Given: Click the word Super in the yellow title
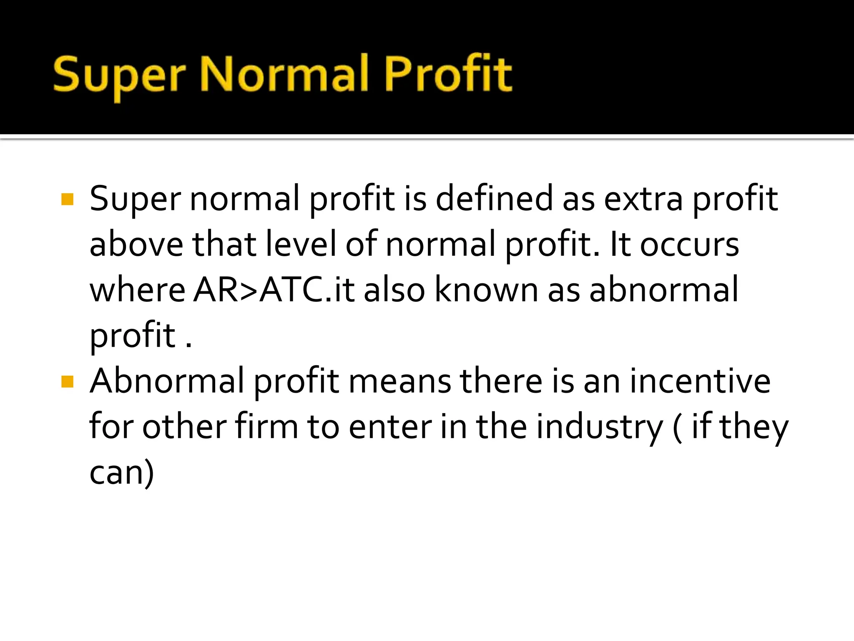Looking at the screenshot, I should (x=119, y=75).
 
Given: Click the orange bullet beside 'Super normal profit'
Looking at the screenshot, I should (x=67, y=199).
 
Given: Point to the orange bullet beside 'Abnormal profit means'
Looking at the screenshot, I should (x=67, y=381).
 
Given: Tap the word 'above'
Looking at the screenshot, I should (x=136, y=244).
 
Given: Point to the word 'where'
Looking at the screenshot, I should (x=138, y=290).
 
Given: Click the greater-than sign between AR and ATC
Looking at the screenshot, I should (x=249, y=290).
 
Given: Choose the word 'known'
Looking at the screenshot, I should (x=486, y=290).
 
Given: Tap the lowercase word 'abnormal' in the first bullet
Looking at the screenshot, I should (x=663, y=290).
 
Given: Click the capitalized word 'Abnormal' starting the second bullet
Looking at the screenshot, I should (x=167, y=381).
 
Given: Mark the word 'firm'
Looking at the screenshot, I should (x=266, y=426).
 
